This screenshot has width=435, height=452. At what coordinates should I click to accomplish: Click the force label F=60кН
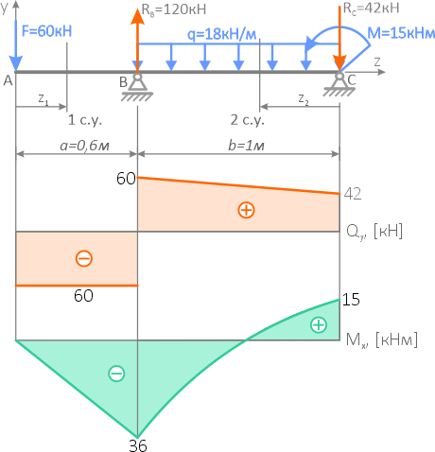[46, 31]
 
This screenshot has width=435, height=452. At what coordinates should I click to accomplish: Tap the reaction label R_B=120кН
[174, 9]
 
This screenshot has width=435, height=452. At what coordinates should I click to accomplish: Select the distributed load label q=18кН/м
[222, 34]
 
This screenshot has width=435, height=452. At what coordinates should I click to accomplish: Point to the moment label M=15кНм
[401, 33]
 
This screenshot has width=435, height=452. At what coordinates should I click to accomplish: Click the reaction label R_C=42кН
[371, 9]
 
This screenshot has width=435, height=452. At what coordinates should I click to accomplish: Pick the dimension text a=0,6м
[84, 146]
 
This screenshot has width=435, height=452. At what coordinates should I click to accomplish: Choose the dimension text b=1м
[246, 146]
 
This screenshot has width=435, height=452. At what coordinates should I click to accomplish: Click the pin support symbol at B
[137, 87]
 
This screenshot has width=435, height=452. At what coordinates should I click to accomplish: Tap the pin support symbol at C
[339, 84]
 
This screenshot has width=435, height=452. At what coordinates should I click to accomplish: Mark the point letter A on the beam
[8, 81]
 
